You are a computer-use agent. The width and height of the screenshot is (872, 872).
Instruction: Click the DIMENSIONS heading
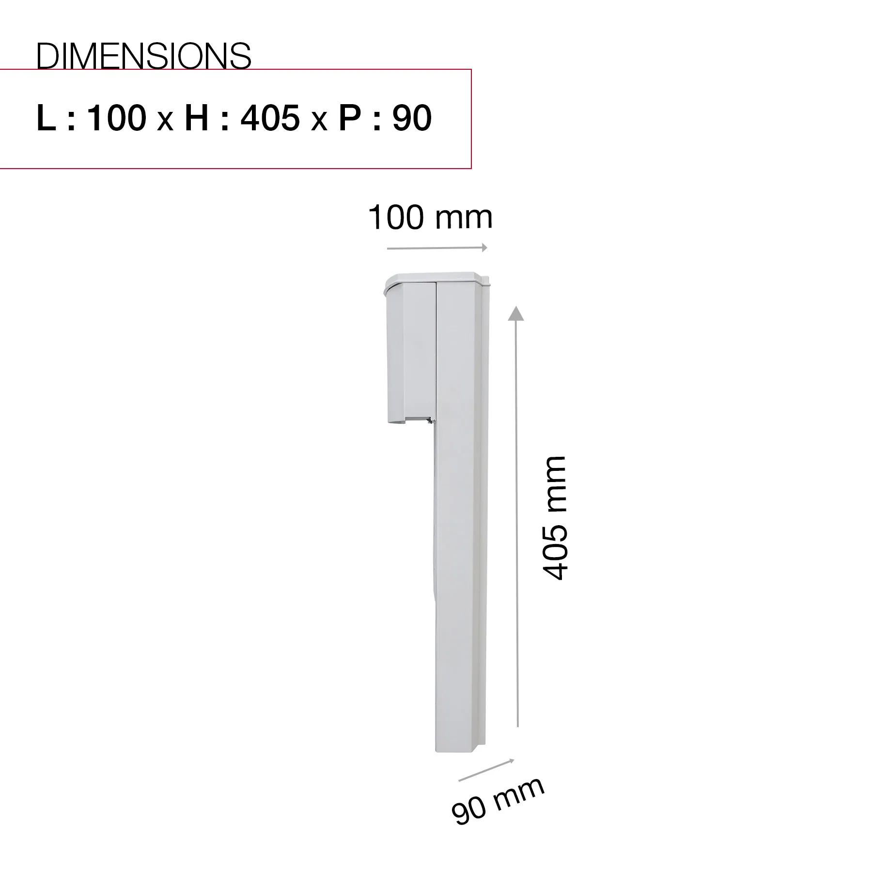point(144,56)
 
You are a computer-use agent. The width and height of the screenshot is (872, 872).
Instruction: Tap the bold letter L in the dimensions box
point(46,118)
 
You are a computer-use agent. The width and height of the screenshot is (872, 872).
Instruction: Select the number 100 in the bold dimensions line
point(117,118)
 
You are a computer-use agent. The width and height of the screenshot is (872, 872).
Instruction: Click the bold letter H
point(197,118)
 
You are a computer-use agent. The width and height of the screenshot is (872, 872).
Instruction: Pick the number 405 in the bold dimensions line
point(270,118)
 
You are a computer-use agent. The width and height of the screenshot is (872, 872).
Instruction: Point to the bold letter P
point(349,118)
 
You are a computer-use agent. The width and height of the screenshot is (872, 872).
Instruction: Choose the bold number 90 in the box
point(412,118)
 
